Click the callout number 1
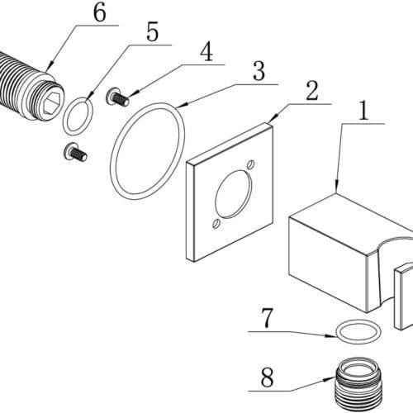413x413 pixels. tap(364, 110)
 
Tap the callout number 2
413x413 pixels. tap(312, 91)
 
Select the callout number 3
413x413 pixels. tap(259, 71)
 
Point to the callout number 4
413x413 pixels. tap(206, 51)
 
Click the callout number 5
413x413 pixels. tap(153, 31)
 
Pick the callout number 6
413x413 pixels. tap(99, 12)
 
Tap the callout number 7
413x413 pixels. tap(267, 318)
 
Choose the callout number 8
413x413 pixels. tap(267, 377)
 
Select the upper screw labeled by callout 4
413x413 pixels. tap(117, 97)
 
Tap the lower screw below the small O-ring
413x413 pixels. tap(75, 153)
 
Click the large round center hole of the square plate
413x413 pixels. tap(233, 194)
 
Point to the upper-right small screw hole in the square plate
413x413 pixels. tap(250, 164)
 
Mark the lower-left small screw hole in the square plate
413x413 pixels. tap(216, 224)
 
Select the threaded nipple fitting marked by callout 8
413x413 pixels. tap(358, 385)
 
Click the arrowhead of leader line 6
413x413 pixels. tap(50, 68)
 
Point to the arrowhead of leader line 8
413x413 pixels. tap(331, 379)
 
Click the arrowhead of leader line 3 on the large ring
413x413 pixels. tap(183, 106)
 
